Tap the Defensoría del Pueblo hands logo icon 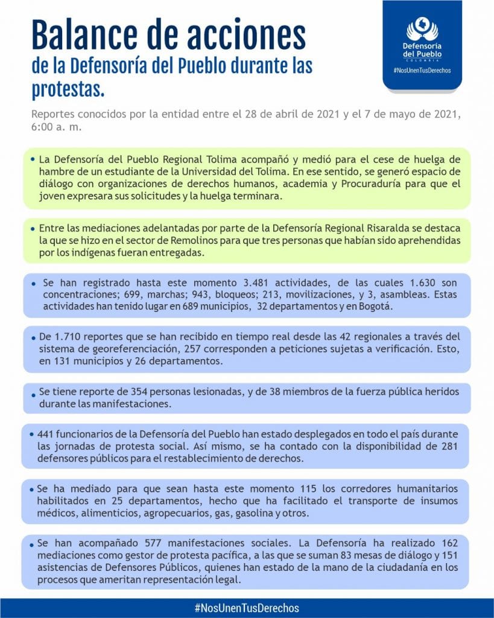click(x=422, y=29)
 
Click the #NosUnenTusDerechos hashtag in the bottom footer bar click(x=247, y=608)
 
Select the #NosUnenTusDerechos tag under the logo click(x=422, y=70)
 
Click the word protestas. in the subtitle click(x=68, y=89)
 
